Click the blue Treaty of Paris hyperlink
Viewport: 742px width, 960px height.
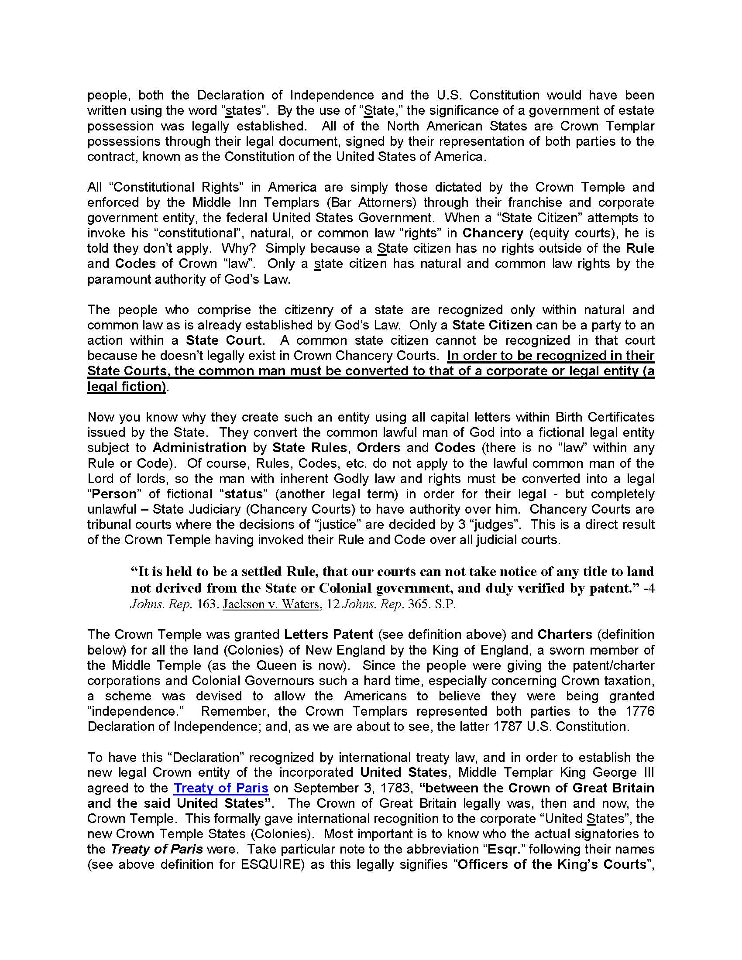click(x=221, y=788)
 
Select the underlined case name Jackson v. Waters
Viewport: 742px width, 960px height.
click(x=271, y=604)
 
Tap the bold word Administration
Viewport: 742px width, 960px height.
click(x=199, y=447)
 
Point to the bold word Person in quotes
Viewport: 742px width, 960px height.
click(x=114, y=494)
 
